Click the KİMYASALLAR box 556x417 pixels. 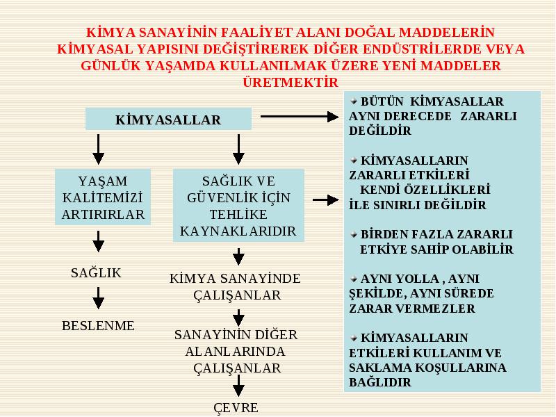[x=168, y=119]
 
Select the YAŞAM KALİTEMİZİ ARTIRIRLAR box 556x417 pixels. [x=103, y=197]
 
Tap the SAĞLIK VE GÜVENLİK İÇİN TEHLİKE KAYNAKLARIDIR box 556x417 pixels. [x=238, y=205]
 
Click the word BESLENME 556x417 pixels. [x=98, y=325]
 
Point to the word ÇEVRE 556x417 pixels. [x=236, y=407]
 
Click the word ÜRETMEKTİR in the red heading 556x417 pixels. [x=291, y=82]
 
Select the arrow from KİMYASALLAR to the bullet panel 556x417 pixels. [x=300, y=116]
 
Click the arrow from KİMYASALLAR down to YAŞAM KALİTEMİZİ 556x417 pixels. [x=98, y=149]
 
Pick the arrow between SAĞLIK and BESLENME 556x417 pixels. [x=98, y=298]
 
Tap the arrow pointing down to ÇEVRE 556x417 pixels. [x=238, y=386]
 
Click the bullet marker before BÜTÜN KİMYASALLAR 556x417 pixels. [x=354, y=101]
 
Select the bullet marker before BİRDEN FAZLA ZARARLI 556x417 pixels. [x=354, y=234]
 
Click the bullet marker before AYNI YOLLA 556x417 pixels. [x=354, y=279]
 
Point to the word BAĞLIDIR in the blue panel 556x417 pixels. [x=380, y=382]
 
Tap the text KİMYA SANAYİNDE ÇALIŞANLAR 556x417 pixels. [x=235, y=286]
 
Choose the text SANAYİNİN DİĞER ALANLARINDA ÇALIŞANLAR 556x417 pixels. [x=236, y=351]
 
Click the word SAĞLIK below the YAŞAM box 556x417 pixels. [x=96, y=272]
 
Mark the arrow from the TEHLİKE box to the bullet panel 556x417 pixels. [x=325, y=200]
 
